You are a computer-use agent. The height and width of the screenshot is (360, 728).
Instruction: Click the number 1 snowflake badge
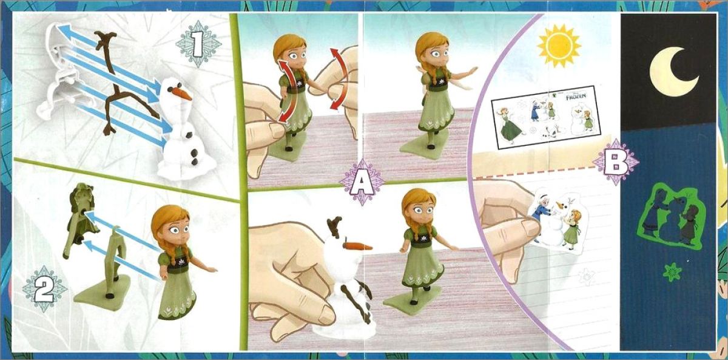(198, 44)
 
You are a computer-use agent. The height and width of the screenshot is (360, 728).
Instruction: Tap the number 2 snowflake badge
(44, 289)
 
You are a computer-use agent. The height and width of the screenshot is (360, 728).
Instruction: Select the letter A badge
(362, 182)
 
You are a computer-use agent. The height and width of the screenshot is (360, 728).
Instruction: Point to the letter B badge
(616, 162)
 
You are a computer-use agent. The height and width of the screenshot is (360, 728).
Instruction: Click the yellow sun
(559, 46)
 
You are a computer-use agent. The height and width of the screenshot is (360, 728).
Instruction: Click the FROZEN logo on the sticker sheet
(576, 96)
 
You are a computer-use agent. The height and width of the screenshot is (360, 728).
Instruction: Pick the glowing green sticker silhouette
(672, 217)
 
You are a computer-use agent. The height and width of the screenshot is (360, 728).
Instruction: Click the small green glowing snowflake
(672, 272)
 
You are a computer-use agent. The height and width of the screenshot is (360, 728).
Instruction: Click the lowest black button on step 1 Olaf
(195, 161)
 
